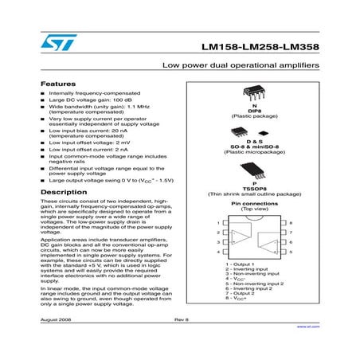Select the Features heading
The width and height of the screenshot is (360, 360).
tap(58, 83)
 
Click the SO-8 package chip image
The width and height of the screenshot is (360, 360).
tap(253, 130)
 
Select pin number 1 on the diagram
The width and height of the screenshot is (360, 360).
tap(217, 222)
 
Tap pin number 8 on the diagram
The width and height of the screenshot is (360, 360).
tap(292, 222)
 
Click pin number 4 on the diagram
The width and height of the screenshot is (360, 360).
tap(217, 252)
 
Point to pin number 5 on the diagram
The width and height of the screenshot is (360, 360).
tap(292, 252)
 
